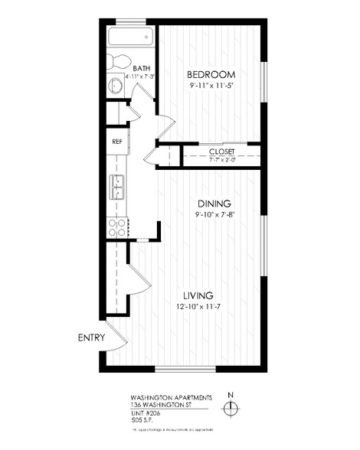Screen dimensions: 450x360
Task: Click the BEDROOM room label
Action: [210, 74]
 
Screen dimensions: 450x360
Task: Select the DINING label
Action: [214, 204]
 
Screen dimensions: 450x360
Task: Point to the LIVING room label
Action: [198, 295]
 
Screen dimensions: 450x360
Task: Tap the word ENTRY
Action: [90, 337]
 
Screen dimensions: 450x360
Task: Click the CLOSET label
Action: [222, 152]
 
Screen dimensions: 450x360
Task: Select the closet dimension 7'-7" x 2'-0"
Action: [222, 161]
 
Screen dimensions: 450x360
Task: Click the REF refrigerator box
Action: [117, 142]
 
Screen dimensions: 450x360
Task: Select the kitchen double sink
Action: [118, 184]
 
